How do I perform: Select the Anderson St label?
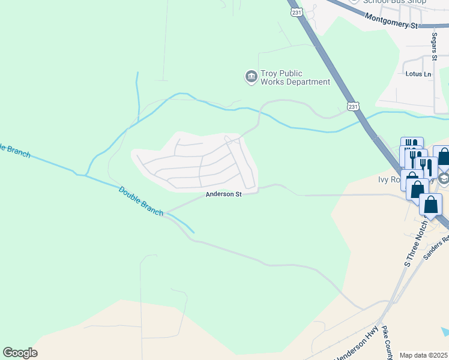[223, 194]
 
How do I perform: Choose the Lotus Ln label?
[419, 74]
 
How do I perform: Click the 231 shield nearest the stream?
[354, 106]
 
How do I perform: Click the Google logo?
[20, 353]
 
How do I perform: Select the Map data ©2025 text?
[424, 355]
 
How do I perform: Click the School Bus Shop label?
[394, 2]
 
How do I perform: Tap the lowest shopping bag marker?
[431, 205]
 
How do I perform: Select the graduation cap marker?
[443, 178]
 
